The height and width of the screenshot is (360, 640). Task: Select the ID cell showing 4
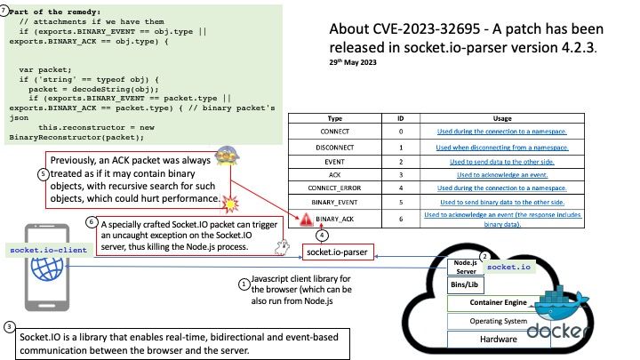(x=401, y=188)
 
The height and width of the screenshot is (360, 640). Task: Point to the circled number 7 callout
(x=6, y=7)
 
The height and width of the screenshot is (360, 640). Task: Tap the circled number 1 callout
(x=244, y=283)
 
